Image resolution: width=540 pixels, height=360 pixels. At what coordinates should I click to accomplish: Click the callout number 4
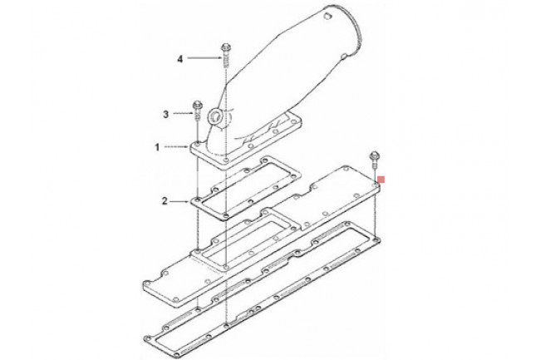180,59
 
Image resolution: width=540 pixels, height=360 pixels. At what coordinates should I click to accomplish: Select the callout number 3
166,114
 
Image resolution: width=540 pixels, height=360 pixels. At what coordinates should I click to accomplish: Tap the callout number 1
157,147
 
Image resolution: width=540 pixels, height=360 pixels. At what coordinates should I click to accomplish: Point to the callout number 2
165,201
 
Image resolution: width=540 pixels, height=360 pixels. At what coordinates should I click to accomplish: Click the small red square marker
381,180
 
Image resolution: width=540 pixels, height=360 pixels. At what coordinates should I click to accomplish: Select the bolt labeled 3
198,111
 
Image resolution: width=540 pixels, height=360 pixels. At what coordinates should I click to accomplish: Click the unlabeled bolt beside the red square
375,160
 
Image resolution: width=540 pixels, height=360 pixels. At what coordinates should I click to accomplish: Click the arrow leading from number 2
180,201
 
